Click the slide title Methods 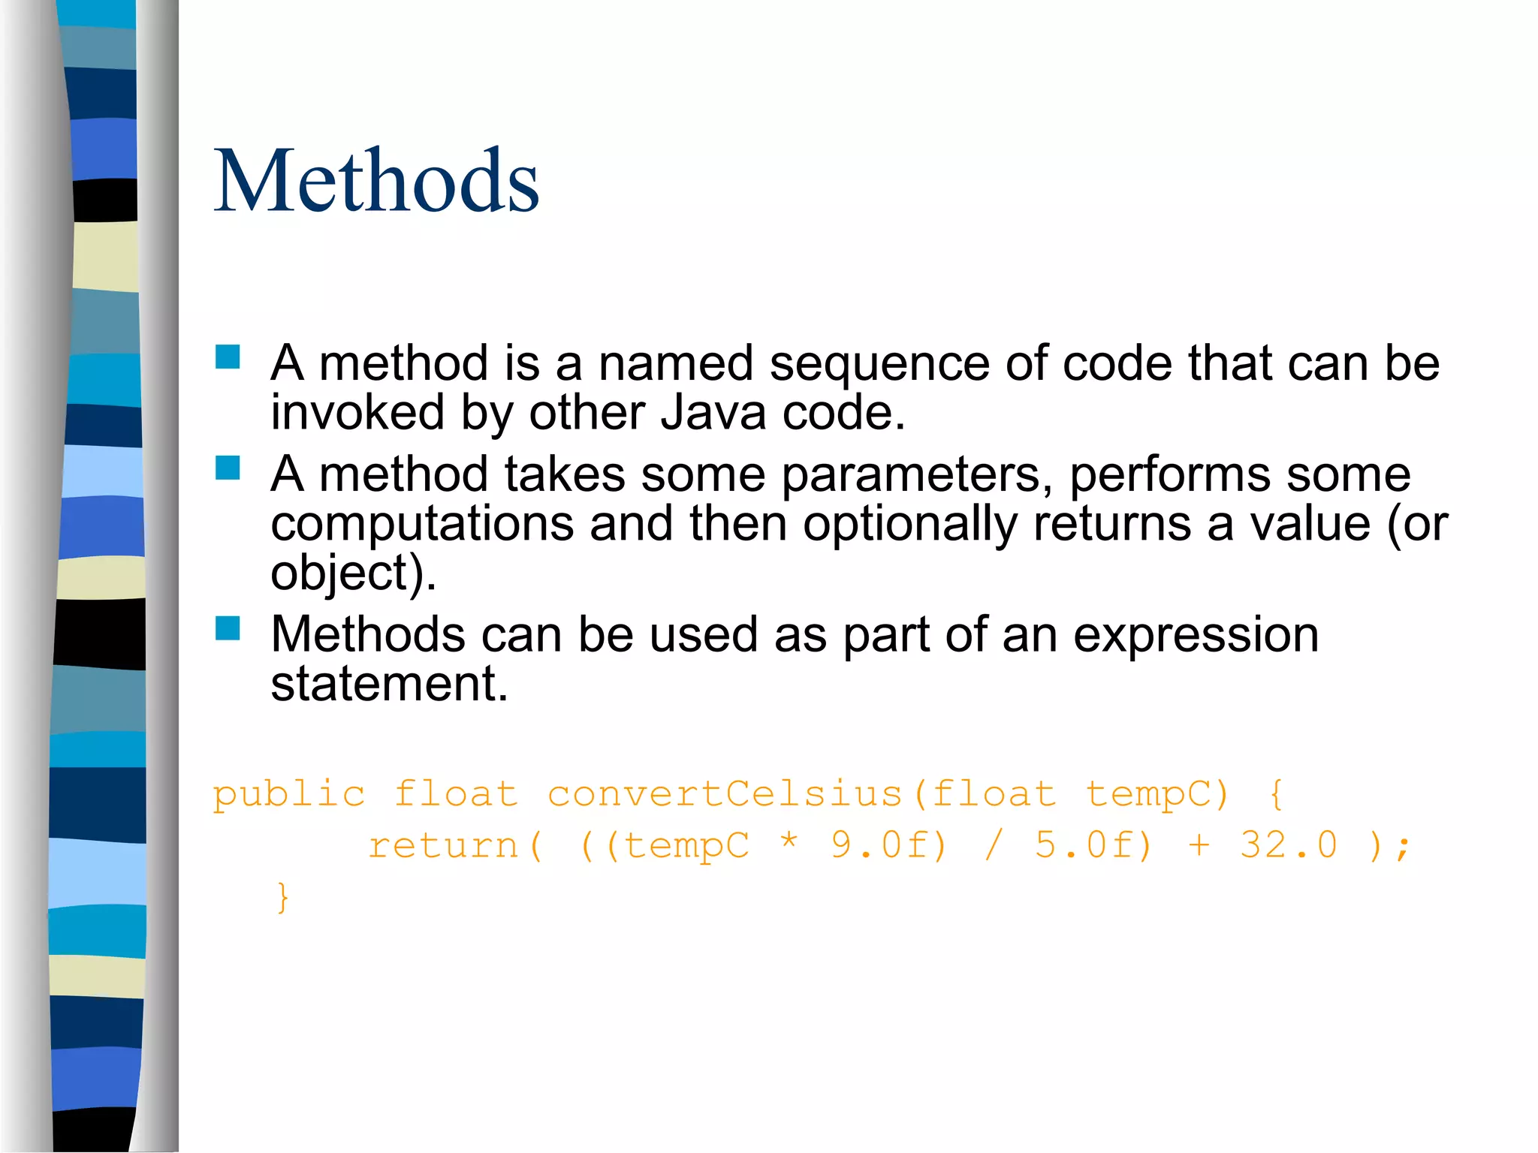pyautogui.click(x=376, y=181)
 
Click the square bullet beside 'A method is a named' pyautogui.click(x=228, y=357)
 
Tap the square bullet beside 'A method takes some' pyautogui.click(x=228, y=468)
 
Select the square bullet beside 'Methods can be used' pyautogui.click(x=228, y=628)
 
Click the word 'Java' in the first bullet pyautogui.click(x=713, y=412)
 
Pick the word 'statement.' pyautogui.click(x=389, y=684)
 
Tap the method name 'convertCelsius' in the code pyautogui.click(x=725, y=794)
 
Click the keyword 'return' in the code pyautogui.click(x=443, y=846)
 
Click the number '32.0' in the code pyautogui.click(x=1289, y=845)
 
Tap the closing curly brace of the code pyautogui.click(x=282, y=897)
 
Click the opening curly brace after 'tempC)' pyautogui.click(x=1276, y=794)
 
